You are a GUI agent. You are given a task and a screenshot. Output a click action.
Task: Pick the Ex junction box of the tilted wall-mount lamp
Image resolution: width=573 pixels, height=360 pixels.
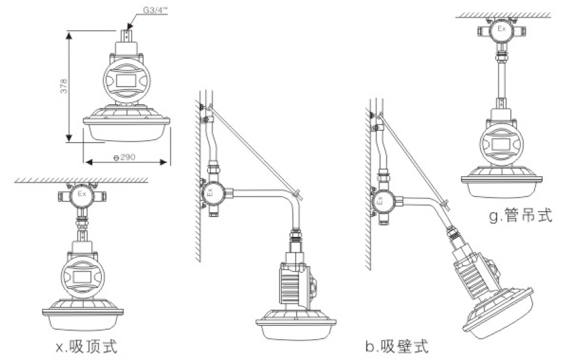[380, 202]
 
